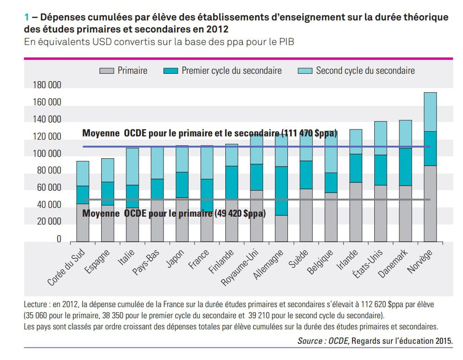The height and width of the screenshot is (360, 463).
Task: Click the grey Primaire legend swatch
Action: coord(106,71)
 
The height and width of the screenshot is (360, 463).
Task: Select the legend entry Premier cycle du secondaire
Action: coord(231,71)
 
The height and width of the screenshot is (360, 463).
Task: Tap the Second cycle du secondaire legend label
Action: coord(365,71)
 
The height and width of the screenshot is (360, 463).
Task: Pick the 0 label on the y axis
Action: coord(59,239)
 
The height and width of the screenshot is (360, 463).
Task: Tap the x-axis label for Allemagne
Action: coord(268,265)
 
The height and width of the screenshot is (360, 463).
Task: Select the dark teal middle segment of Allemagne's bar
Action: coord(280,190)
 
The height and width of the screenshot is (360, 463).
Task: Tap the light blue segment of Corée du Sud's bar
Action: coord(83,173)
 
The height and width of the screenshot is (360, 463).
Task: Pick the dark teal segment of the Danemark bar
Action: coord(405,167)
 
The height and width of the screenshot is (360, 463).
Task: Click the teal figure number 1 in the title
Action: coord(26,18)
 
